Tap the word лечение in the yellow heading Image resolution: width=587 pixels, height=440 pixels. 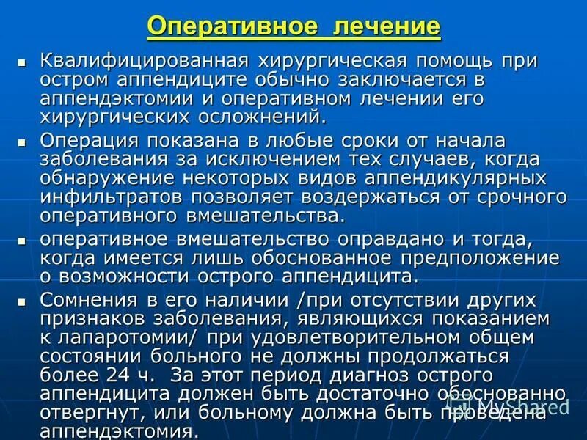pyautogui.click(x=386, y=27)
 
